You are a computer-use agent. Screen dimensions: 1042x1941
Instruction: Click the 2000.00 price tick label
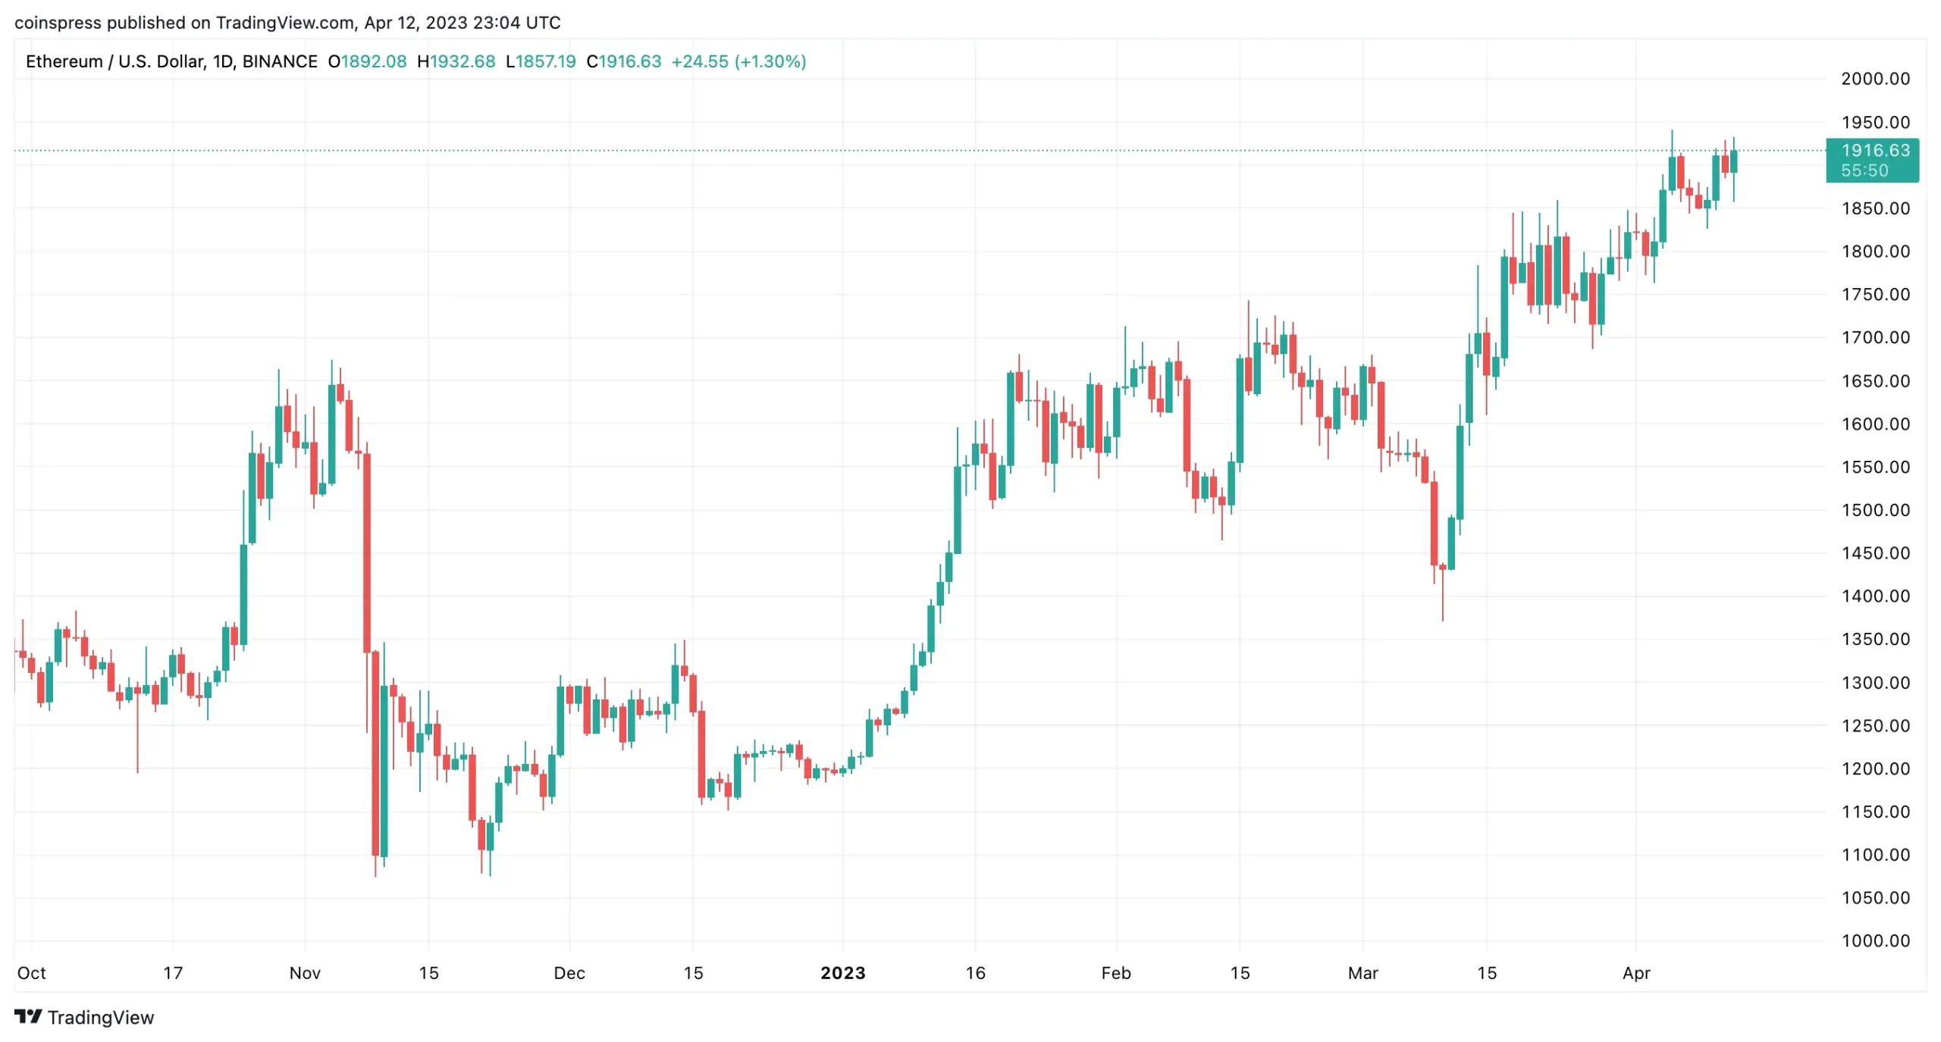click(x=1874, y=79)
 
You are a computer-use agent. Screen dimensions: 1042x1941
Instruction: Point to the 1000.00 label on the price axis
click(x=1874, y=940)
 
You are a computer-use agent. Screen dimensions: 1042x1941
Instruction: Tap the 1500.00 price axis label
click(x=1874, y=510)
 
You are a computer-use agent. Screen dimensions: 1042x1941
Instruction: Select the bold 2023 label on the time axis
click(x=842, y=973)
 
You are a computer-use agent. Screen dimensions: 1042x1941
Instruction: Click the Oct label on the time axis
click(x=31, y=973)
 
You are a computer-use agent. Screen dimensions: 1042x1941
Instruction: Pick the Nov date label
click(x=305, y=973)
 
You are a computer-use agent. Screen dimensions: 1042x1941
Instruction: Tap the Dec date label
click(x=569, y=973)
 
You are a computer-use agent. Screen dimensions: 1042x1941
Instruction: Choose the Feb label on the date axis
click(x=1115, y=973)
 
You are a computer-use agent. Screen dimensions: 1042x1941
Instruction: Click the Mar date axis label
click(x=1362, y=973)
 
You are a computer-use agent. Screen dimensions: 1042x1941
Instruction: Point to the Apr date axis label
click(x=1635, y=973)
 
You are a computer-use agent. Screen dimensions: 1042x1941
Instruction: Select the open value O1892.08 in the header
click(x=367, y=61)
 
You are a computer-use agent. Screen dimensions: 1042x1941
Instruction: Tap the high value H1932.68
click(x=456, y=61)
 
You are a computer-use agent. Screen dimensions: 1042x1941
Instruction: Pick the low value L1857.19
click(x=541, y=61)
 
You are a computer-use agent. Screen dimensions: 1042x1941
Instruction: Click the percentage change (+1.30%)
click(x=770, y=61)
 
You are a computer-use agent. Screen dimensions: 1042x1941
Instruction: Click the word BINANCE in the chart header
click(x=280, y=61)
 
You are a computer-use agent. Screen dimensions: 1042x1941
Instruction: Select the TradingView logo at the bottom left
click(x=84, y=1017)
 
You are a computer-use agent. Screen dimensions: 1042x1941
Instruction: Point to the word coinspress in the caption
click(x=58, y=23)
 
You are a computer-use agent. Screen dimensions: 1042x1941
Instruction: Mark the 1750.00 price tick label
click(x=1874, y=295)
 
